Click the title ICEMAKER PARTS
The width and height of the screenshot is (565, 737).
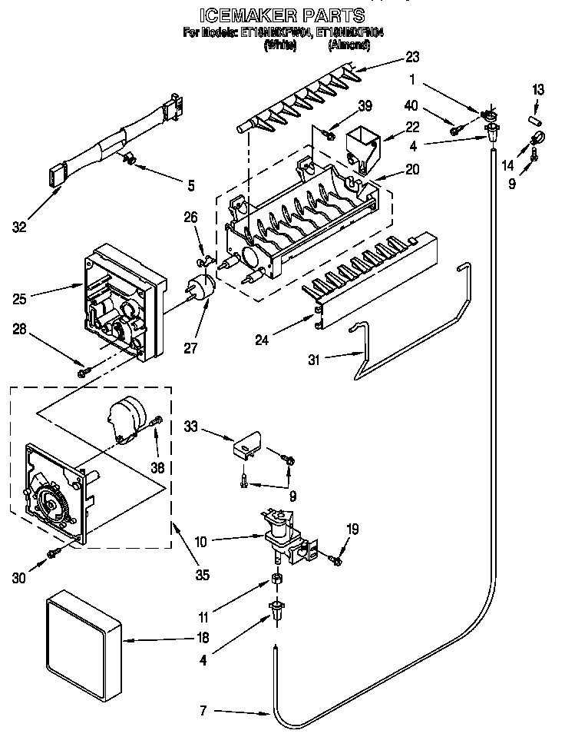[282, 15]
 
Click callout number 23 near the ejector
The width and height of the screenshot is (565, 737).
[412, 56]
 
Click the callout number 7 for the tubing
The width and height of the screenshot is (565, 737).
[202, 711]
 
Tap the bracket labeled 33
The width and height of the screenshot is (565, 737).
[247, 449]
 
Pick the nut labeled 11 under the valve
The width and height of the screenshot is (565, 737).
[276, 579]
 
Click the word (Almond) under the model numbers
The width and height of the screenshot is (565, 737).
[349, 45]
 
